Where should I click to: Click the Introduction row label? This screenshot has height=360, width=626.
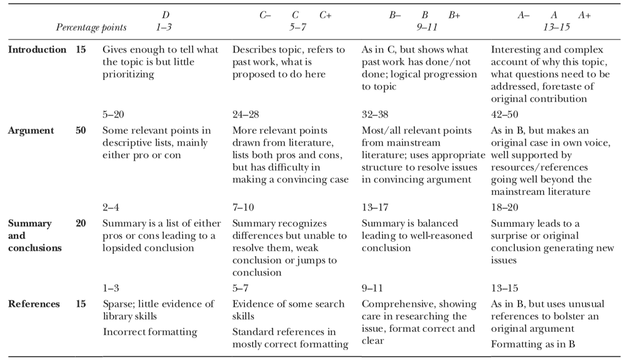point(36,49)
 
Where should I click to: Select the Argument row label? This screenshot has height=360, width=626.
point(31,130)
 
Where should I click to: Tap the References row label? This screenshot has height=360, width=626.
point(34,304)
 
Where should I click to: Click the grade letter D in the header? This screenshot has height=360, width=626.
point(165,14)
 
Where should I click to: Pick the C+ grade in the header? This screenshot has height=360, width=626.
point(325,14)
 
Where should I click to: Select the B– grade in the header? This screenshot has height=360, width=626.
point(394,14)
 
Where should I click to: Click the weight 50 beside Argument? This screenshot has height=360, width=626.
point(81,130)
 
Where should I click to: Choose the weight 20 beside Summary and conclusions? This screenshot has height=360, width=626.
point(81,222)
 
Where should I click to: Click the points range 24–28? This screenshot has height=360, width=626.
point(245,114)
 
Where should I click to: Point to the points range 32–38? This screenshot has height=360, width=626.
point(375,114)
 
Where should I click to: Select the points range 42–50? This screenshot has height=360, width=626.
point(504,114)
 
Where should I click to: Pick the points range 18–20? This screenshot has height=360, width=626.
point(504,207)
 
